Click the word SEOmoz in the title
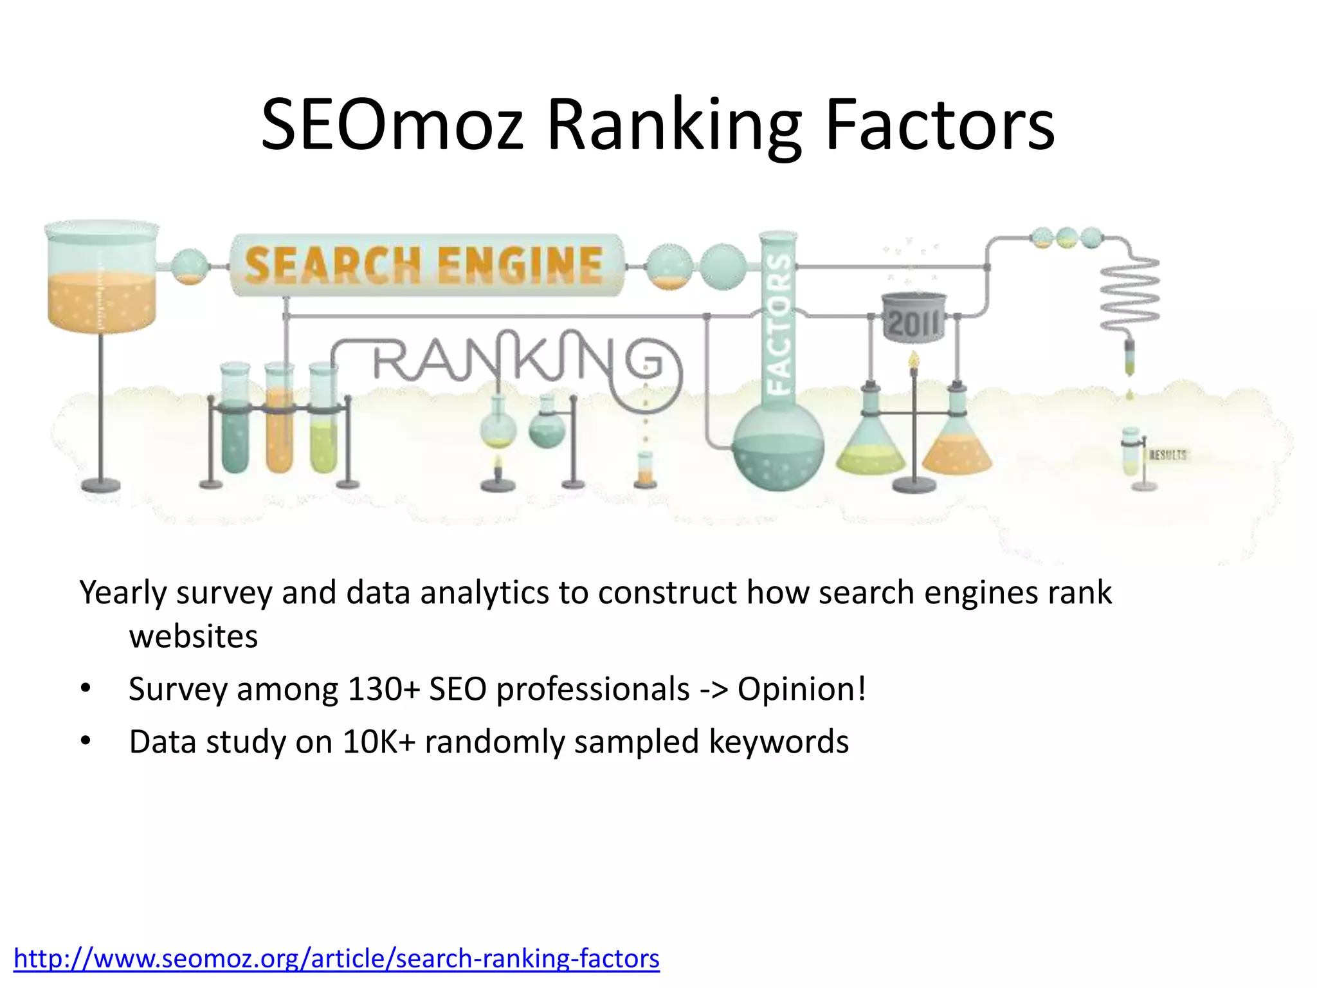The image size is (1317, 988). pyautogui.click(x=392, y=125)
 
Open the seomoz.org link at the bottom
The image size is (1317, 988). pyautogui.click(x=336, y=958)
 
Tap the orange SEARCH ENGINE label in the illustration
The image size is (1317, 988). pyautogui.click(x=424, y=265)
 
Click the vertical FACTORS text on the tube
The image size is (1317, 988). pyautogui.click(x=779, y=322)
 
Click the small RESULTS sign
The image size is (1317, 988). pyautogui.click(x=1167, y=455)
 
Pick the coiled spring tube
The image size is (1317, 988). pyautogui.click(x=1130, y=293)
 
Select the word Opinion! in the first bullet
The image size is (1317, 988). pyautogui.click(x=802, y=690)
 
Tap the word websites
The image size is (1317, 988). pyautogui.click(x=193, y=637)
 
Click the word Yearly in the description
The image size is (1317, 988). pyautogui.click(x=122, y=593)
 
